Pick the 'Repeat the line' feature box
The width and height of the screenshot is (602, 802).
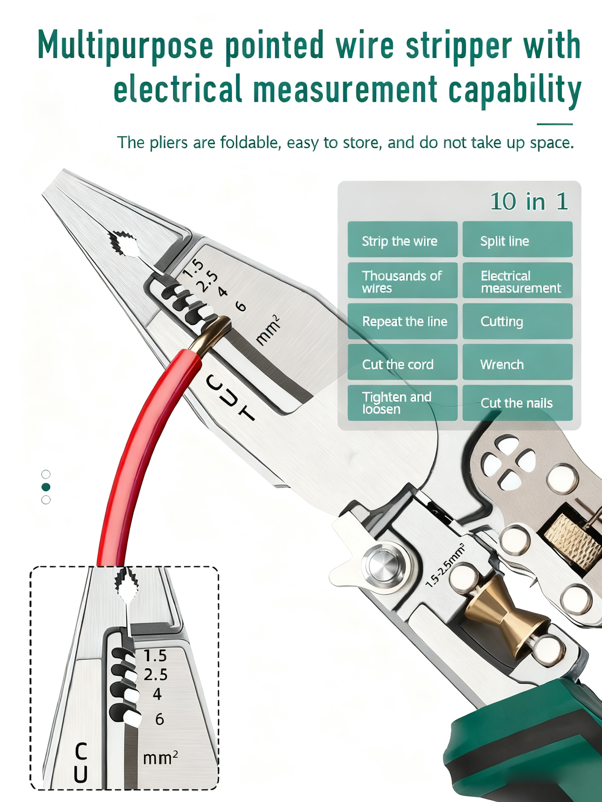(402, 321)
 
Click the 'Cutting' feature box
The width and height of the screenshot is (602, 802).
(517, 321)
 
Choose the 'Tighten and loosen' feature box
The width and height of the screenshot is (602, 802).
(402, 403)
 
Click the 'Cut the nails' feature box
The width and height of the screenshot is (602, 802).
(517, 403)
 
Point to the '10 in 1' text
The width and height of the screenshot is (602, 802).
(528, 202)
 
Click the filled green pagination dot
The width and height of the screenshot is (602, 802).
(46, 487)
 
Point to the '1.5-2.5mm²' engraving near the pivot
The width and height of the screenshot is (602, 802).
(445, 565)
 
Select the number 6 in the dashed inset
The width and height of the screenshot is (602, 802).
(159, 719)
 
